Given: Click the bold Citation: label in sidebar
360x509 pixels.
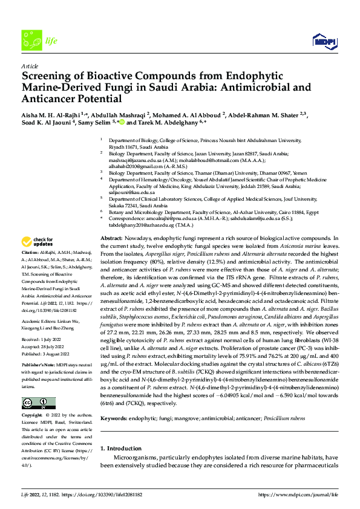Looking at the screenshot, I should [30, 268].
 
